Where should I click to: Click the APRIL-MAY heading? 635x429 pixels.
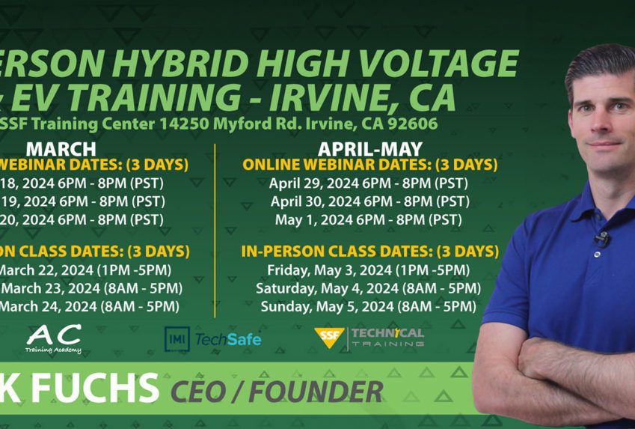coord(369,148)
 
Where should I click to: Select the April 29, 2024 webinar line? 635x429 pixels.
coord(369,183)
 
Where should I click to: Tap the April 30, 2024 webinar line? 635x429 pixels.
coord(369,201)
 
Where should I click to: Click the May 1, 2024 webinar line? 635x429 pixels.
coord(369,220)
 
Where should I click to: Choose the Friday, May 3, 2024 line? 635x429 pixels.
coord(368,270)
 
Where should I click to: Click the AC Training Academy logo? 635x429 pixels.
coord(53,339)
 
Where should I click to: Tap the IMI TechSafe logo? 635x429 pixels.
coord(213,339)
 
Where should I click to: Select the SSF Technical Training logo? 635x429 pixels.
coord(369,338)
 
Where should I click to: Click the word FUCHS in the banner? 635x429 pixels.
coord(90,389)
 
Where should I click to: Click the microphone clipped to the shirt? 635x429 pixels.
coord(600,239)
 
